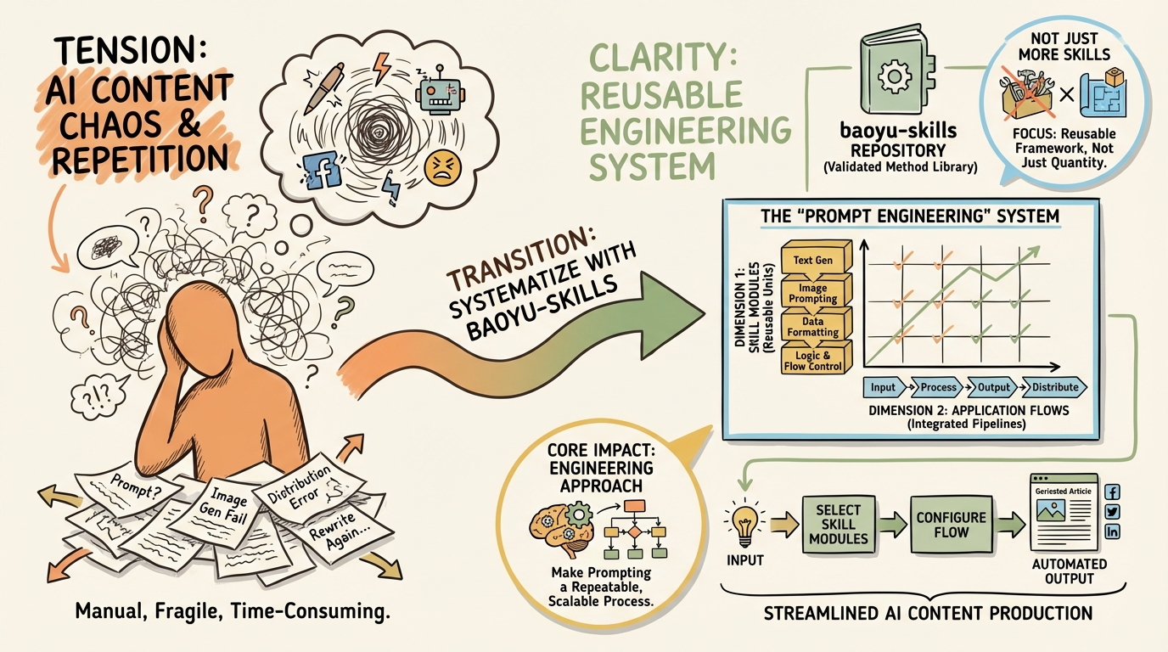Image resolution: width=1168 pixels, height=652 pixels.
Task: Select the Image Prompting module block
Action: pyautogui.click(x=816, y=292)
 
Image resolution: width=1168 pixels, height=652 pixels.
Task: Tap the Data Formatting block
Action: pyautogui.click(x=816, y=326)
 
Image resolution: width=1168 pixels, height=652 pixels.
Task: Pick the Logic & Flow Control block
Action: pyautogui.click(x=816, y=360)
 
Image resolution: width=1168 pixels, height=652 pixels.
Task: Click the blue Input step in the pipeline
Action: pyautogui.click(x=884, y=387)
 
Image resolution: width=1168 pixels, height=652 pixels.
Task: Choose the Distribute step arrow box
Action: pyautogui.click(x=1054, y=387)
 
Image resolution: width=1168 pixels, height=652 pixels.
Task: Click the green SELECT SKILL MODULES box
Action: pyautogui.click(x=838, y=524)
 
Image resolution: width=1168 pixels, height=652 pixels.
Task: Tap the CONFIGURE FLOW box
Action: pyautogui.click(x=951, y=525)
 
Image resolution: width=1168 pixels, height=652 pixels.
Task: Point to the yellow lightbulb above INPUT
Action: pyautogui.click(x=745, y=523)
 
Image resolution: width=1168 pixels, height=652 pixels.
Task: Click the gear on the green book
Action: pyautogui.click(x=895, y=76)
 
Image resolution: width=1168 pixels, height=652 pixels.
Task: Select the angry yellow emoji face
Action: pyautogui.click(x=443, y=168)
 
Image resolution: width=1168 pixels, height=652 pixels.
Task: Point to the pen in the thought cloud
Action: pyautogui.click(x=324, y=87)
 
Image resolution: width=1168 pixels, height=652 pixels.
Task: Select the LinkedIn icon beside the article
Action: pyautogui.click(x=1112, y=531)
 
